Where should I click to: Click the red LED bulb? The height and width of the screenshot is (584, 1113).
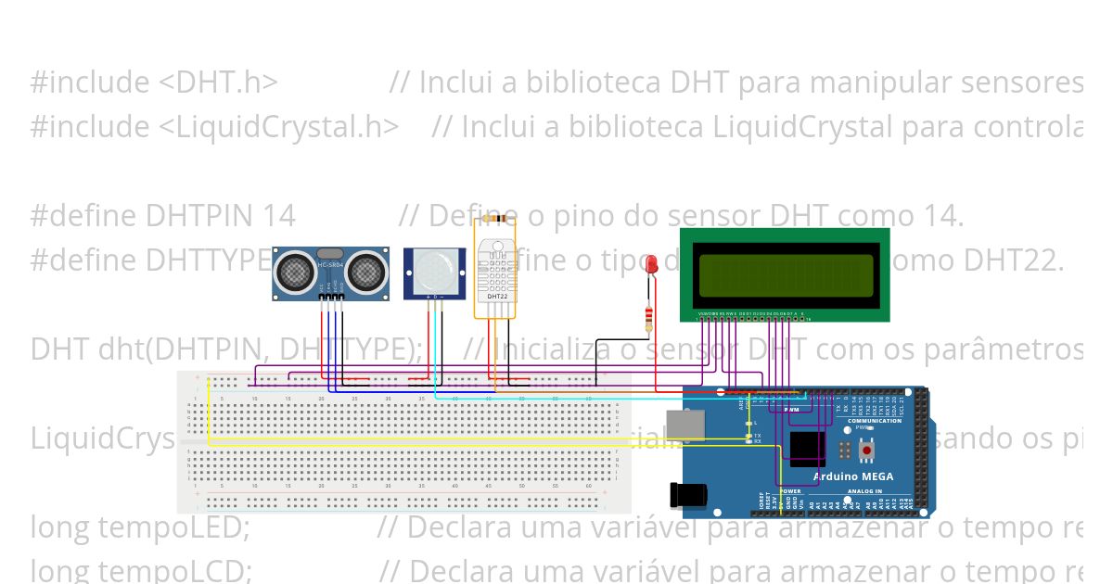coord(651,264)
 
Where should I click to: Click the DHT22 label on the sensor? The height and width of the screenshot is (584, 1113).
coord(495,297)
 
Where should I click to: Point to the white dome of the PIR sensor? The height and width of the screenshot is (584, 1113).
coord(434,269)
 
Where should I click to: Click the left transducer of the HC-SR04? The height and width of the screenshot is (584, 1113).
coord(296,271)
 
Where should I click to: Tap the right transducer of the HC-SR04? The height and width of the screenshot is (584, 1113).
coord(365,271)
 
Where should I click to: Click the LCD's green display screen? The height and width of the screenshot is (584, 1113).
coord(785,275)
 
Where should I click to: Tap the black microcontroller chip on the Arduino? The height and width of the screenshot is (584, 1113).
coord(807,448)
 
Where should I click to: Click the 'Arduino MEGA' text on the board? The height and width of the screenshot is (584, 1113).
coord(853,476)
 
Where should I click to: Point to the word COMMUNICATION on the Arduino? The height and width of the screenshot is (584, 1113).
coord(874,421)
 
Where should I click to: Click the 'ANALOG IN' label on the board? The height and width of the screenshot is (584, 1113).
coord(864,491)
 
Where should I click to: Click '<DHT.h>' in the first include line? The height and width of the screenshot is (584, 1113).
coord(218,83)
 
